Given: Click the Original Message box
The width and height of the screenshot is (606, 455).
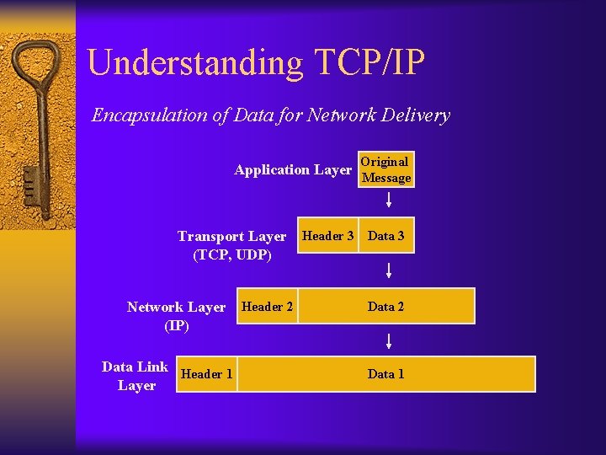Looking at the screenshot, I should pyautogui.click(x=385, y=169).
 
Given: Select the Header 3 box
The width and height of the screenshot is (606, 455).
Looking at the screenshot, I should pyautogui.click(x=327, y=236).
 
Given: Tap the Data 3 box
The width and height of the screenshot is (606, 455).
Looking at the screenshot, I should pyautogui.click(x=386, y=236).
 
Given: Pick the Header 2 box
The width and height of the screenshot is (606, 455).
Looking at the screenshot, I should pyautogui.click(x=268, y=307).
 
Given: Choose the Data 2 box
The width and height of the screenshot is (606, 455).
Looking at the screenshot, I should pyautogui.click(x=385, y=307).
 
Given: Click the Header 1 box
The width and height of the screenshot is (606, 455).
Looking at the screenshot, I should pyautogui.click(x=207, y=374).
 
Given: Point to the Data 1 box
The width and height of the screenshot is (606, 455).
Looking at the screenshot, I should pyautogui.click(x=385, y=374).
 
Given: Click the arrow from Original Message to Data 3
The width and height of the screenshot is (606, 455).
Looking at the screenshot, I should pyautogui.click(x=388, y=201).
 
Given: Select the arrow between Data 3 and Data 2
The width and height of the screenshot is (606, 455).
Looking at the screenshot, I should pyautogui.click(x=388, y=270).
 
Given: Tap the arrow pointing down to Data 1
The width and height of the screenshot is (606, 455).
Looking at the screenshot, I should pyautogui.click(x=388, y=340).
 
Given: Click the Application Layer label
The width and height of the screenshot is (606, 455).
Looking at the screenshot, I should pyautogui.click(x=293, y=170).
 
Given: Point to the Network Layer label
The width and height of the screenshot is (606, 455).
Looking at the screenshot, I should pyautogui.click(x=176, y=308).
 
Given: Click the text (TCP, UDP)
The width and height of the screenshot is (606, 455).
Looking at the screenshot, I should pyautogui.click(x=232, y=254).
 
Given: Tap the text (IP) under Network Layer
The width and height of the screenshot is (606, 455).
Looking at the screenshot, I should pyautogui.click(x=177, y=325).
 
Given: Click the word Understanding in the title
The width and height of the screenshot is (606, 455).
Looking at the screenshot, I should pyautogui.click(x=194, y=64).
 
